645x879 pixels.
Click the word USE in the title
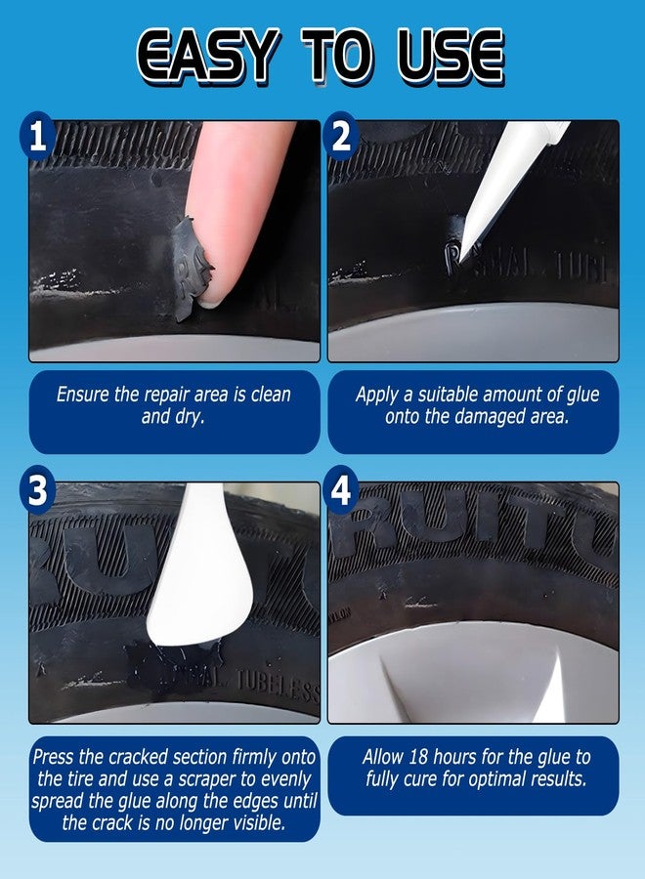coord(452,57)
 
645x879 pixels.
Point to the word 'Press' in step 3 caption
coord(55,757)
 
